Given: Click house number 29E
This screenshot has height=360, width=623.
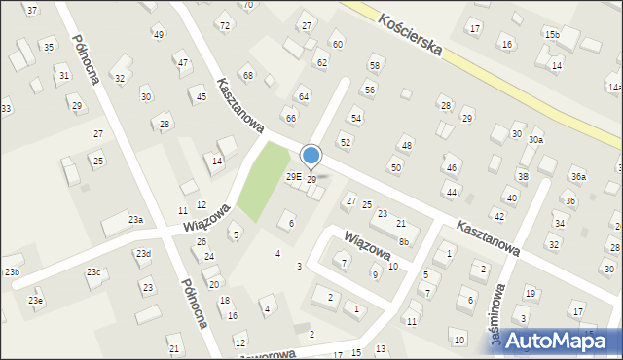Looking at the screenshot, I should pyautogui.click(x=292, y=177).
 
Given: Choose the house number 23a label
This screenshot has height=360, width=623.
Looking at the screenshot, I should pyautogui.click(x=135, y=220).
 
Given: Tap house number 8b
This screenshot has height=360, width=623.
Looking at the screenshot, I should pyautogui.click(x=403, y=241).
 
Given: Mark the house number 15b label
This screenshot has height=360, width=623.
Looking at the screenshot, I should pyautogui.click(x=552, y=35).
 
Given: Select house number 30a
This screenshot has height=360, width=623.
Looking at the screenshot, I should pyautogui.click(x=536, y=140).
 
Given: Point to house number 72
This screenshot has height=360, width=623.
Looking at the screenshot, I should pyautogui.click(x=225, y=25).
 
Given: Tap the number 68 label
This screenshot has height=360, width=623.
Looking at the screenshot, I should pyautogui.click(x=248, y=75).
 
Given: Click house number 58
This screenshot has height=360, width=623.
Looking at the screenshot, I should pyautogui.click(x=374, y=65).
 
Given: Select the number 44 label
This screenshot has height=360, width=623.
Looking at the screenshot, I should pyautogui.click(x=452, y=193).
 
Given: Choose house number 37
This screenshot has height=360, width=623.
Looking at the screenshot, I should pyautogui.click(x=32, y=10).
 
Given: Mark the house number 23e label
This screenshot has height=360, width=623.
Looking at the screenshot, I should pyautogui.click(x=35, y=301).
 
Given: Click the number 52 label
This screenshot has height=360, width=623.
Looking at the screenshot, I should pyautogui.click(x=345, y=142).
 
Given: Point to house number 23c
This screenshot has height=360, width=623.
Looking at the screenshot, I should pyautogui.click(x=93, y=272).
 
